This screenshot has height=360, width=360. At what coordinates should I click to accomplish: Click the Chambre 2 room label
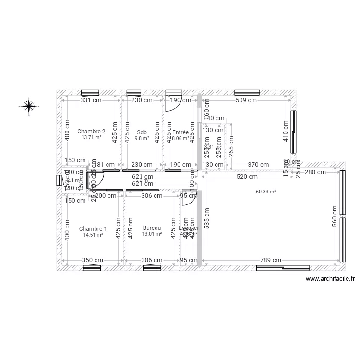click(x=91, y=131)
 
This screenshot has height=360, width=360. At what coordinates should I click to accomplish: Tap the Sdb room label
click(x=142, y=132)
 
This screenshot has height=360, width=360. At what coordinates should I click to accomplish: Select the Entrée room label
click(x=181, y=132)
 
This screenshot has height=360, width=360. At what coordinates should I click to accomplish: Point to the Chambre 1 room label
click(x=93, y=228)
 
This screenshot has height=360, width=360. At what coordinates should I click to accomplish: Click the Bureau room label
click(x=152, y=228)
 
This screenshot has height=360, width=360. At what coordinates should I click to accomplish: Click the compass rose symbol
click(x=29, y=106)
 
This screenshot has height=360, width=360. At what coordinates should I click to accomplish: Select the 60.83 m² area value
click(x=265, y=192)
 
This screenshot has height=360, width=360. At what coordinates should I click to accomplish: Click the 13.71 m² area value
click(x=91, y=138)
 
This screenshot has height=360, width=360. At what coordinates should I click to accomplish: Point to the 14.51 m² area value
click(x=93, y=235)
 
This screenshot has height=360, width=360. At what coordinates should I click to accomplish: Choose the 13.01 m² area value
click(x=152, y=234)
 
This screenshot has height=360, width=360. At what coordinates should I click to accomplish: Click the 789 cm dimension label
click(x=270, y=260)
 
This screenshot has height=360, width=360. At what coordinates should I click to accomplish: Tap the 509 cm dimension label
click(x=247, y=100)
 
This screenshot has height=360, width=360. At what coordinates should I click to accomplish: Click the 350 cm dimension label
click(x=93, y=260)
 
